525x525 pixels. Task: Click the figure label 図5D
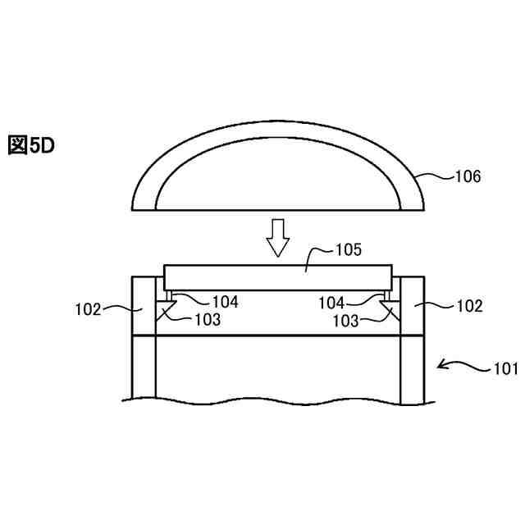[31, 145]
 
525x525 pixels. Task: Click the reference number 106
[468, 176]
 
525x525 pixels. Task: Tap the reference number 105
[349, 249]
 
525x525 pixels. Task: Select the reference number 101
[505, 368]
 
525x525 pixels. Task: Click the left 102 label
[88, 309]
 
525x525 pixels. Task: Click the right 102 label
[470, 306]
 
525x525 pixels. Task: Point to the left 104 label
[226, 302]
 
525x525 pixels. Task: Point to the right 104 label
[331, 303]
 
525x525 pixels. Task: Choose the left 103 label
[208, 320]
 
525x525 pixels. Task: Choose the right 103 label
[345, 321]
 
